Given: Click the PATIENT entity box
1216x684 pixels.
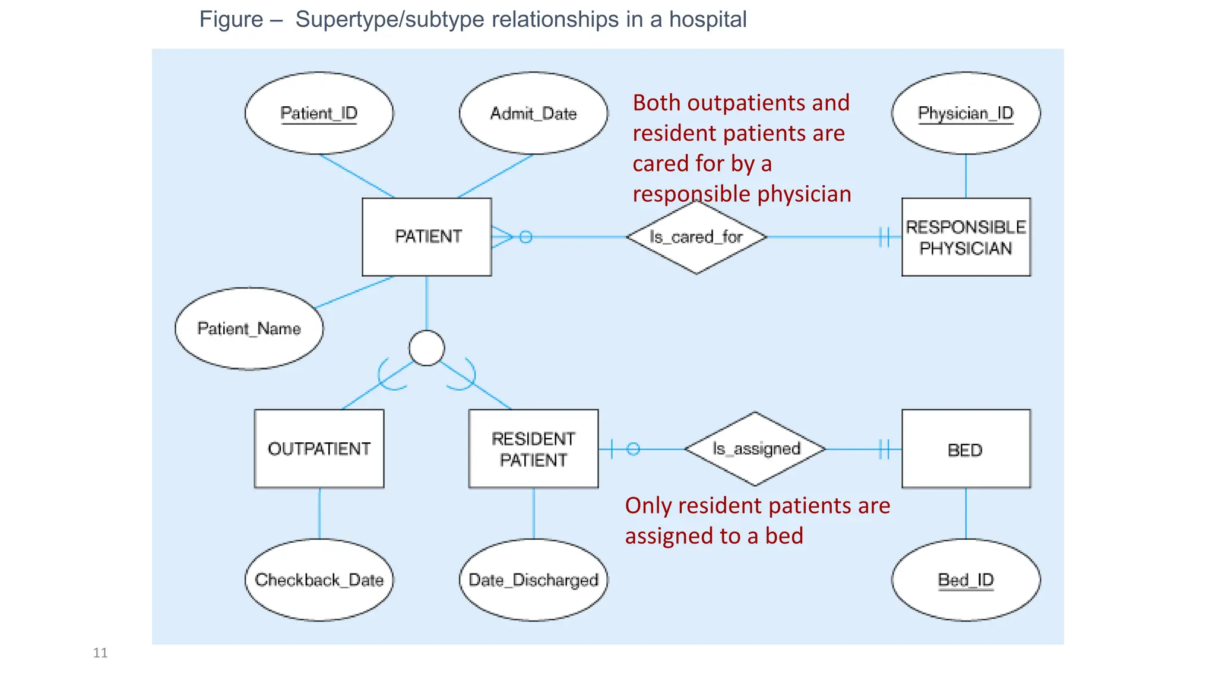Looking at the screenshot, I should point(427,237).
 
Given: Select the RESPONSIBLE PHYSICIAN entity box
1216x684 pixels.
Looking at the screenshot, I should point(966,237).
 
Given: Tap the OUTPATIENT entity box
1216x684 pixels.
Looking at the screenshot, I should point(319,449).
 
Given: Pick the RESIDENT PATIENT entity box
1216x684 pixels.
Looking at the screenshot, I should point(533,449).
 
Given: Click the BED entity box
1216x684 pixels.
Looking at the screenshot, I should point(966,449).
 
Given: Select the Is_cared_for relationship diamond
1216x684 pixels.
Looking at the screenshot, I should point(696,237).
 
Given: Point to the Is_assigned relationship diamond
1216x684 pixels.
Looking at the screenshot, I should point(755,449).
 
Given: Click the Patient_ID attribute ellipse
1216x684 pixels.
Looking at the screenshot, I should point(319,113).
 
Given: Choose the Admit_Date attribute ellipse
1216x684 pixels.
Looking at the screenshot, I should point(533,113).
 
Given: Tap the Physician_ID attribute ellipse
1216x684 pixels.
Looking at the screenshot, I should point(966,113).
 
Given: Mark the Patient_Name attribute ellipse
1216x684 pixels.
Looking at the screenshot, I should point(249,328).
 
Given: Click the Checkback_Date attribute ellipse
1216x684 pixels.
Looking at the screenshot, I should point(319,579).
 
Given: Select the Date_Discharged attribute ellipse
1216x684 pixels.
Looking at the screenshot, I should point(533,579).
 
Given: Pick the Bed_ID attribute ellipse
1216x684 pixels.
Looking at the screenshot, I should point(966,579).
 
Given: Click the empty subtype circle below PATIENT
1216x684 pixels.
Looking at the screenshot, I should point(426,348).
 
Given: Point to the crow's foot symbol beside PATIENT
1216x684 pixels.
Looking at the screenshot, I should point(502,237).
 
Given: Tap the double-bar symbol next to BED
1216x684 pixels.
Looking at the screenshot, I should point(884,449).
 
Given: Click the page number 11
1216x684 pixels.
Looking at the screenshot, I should point(100,653).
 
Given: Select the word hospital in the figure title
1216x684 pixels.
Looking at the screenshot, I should point(708,20).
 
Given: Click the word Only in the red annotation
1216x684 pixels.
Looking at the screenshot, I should point(648,506).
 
